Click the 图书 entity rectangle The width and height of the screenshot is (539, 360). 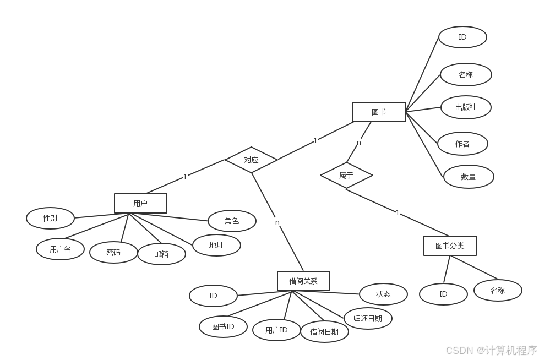click(x=379, y=112)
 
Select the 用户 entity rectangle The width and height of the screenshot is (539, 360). click(x=140, y=203)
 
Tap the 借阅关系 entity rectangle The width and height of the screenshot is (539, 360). click(x=303, y=281)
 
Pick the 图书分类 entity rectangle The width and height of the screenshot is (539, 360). click(x=450, y=246)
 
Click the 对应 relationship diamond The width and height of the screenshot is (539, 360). click(x=251, y=160)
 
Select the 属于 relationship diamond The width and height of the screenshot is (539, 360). click(x=346, y=176)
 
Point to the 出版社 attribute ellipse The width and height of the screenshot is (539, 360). click(x=466, y=107)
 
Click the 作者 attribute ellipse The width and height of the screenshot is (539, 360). click(x=462, y=144)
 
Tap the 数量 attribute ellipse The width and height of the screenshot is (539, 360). click(x=469, y=177)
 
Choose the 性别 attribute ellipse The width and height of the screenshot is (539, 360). click(x=50, y=218)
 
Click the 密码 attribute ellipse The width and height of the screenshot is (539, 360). click(x=113, y=252)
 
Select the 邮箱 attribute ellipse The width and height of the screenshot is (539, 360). click(x=161, y=254)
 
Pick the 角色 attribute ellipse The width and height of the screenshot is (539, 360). click(x=232, y=221)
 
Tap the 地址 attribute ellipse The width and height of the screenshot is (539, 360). click(x=216, y=245)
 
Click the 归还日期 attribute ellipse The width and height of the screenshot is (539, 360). click(x=368, y=318)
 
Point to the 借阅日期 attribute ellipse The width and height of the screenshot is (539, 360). click(x=324, y=331)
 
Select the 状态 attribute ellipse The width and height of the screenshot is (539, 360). click(x=383, y=294)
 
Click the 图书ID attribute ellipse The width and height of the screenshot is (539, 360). click(x=223, y=326)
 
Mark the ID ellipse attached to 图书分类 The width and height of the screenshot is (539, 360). click(x=443, y=294)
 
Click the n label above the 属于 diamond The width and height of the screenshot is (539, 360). click(x=359, y=142)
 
